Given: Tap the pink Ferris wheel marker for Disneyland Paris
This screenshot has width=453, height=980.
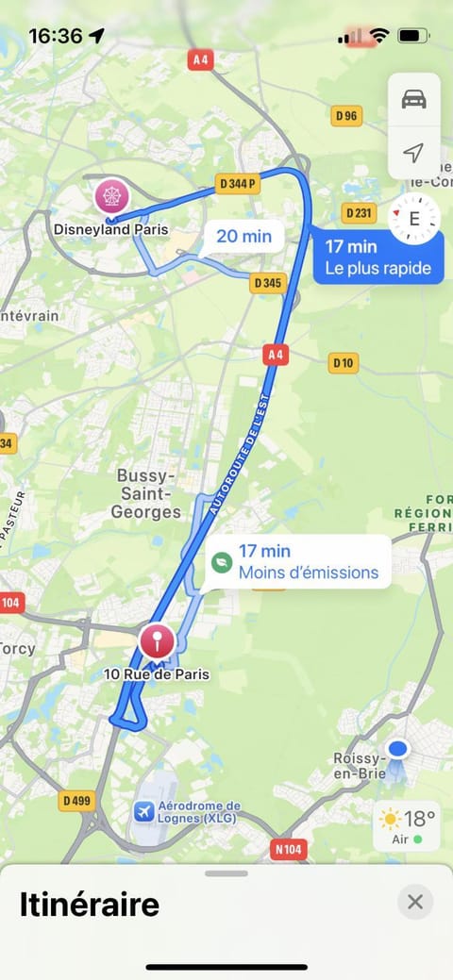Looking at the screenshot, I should (112, 196).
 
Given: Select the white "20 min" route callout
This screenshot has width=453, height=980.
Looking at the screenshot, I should (243, 236).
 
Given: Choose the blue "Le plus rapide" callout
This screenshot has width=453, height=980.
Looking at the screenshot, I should (377, 257).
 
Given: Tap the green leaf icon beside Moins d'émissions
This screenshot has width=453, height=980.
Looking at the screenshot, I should (221, 562).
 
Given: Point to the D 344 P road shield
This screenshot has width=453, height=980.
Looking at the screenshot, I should (238, 182).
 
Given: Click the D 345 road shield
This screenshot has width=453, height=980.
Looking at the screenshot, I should (268, 282).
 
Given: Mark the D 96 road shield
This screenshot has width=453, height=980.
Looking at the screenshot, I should (347, 116).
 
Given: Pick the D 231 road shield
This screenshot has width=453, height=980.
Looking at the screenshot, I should (359, 213).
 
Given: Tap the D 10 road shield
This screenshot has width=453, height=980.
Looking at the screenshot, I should (344, 362).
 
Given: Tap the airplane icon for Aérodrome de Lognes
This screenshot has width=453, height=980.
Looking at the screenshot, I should (144, 811).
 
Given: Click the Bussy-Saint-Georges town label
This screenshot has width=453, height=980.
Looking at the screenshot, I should (148, 493).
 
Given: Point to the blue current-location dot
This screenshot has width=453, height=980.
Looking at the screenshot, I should (398, 751).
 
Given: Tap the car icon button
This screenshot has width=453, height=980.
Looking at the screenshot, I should (413, 98).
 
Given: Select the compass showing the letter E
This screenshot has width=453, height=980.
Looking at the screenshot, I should (413, 219).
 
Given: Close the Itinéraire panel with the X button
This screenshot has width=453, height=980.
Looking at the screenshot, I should (415, 902).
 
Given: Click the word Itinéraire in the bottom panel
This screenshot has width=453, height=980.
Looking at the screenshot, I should (90, 905).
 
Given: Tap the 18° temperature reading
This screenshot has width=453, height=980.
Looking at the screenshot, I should (420, 817).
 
